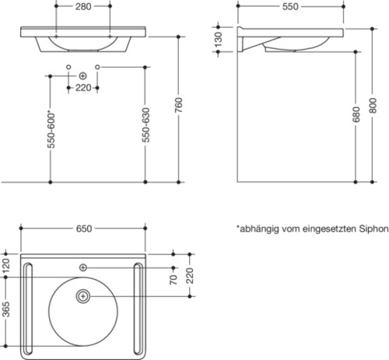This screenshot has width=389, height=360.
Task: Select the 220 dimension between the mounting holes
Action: [84, 88]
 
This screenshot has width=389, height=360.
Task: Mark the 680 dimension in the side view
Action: [357, 117]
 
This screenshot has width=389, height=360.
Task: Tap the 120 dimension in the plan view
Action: [7, 265]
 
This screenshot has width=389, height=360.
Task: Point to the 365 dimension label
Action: [7, 311]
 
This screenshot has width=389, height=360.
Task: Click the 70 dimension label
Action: [174, 278]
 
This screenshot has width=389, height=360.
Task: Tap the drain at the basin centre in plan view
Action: [83, 296]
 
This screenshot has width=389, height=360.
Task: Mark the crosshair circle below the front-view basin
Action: [83, 75]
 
